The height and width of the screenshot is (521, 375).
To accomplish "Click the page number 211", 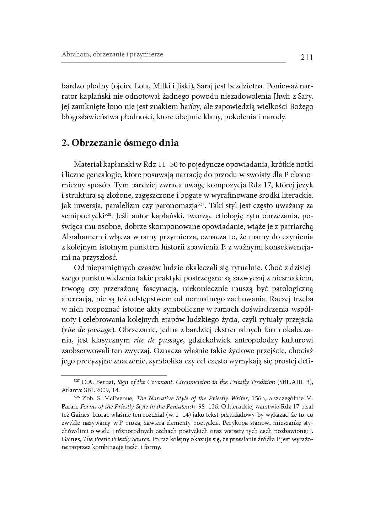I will click(x=306, y=57).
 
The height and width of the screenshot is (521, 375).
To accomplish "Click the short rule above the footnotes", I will click(x=114, y=375).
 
